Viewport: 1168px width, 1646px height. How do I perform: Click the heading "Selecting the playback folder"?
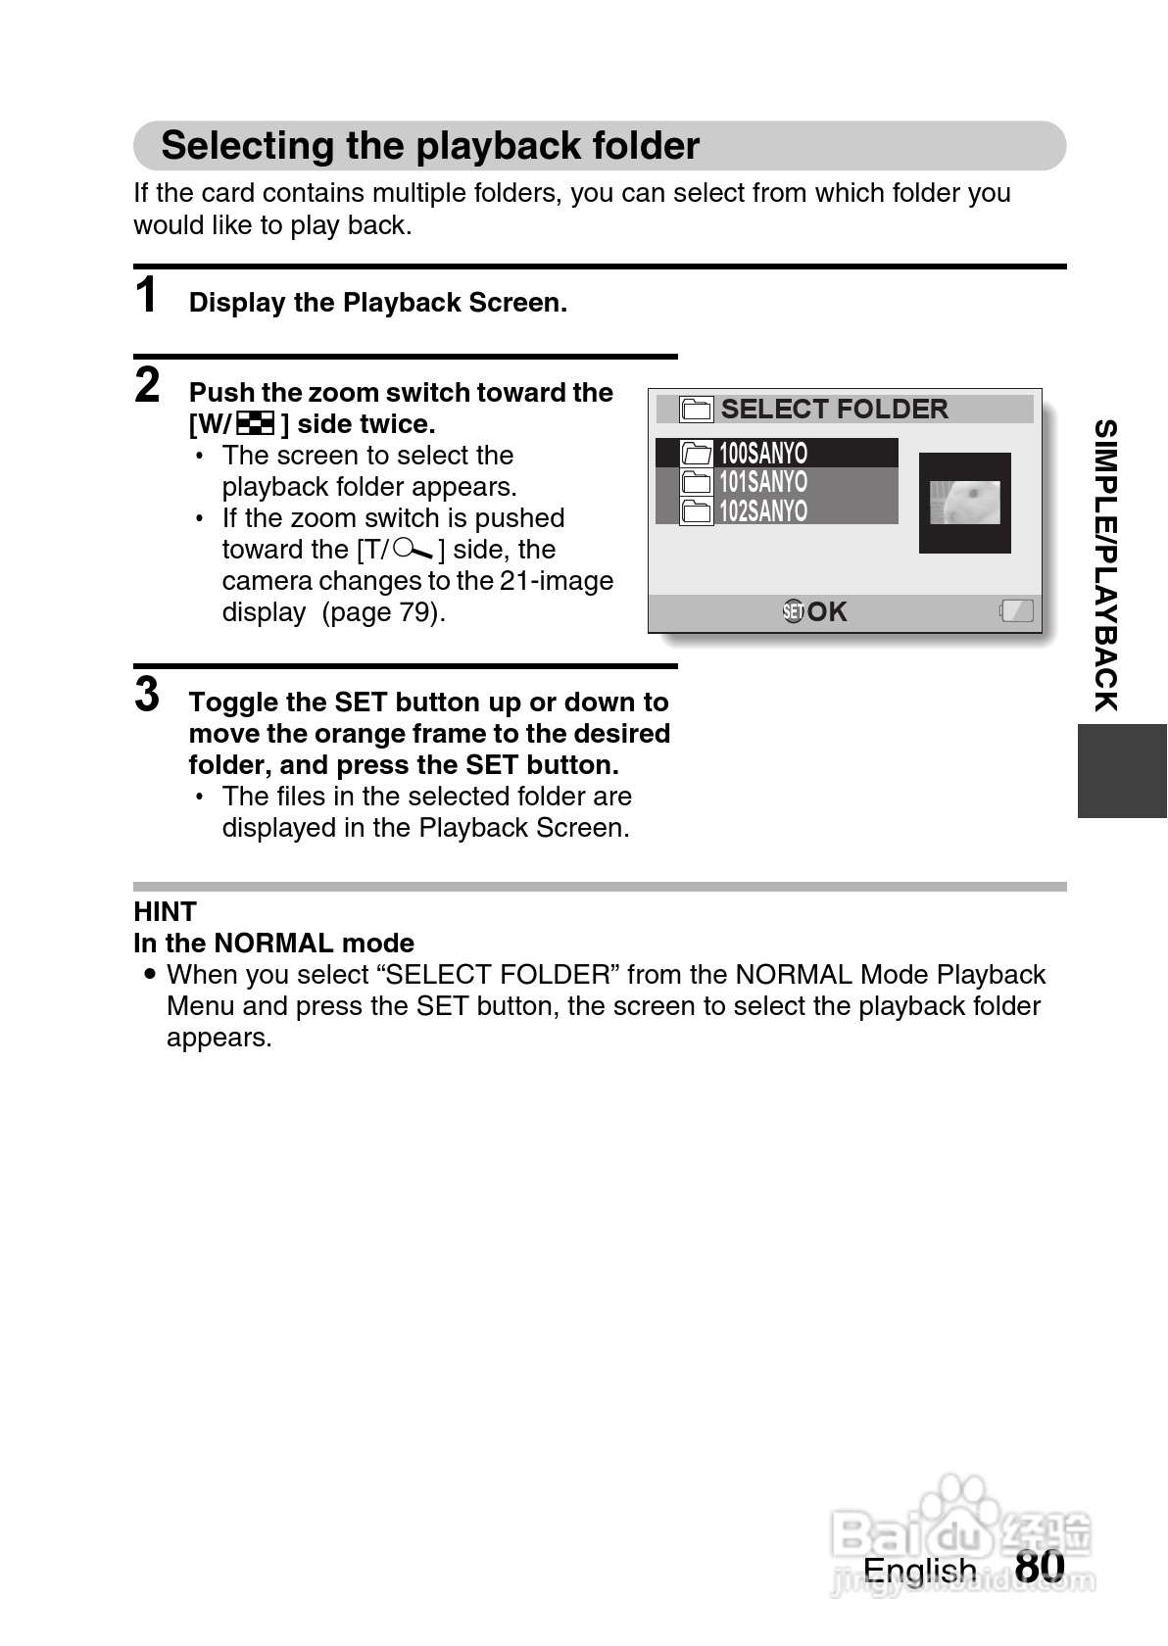pos(430,146)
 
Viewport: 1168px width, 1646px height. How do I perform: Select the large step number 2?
pos(147,385)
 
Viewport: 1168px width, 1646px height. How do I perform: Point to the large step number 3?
pos(147,695)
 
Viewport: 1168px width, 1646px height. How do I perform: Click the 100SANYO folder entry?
pos(763,453)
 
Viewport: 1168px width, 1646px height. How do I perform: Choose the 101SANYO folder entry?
pos(763,482)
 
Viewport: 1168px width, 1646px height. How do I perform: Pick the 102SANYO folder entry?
pos(763,511)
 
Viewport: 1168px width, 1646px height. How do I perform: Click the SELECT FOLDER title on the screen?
pos(834,410)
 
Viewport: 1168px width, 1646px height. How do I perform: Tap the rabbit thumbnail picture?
pos(964,503)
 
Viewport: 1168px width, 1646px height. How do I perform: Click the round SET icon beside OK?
pos(793,612)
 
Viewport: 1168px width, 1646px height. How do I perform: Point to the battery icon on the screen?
pos(1016,611)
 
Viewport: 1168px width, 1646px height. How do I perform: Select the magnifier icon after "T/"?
pos(412,550)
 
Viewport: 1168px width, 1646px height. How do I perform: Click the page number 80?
pos(1040,1566)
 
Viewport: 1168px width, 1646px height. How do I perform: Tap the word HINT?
pos(165,912)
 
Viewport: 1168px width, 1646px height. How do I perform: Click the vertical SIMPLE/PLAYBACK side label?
pos(1105,565)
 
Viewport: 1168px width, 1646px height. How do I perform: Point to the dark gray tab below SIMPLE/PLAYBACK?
pos(1122,771)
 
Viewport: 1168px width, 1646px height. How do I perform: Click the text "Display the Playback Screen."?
pos(378,303)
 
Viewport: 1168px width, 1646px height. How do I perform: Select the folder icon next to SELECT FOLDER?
pos(696,410)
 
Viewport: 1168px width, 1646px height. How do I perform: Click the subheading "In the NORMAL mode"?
pos(273,944)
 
